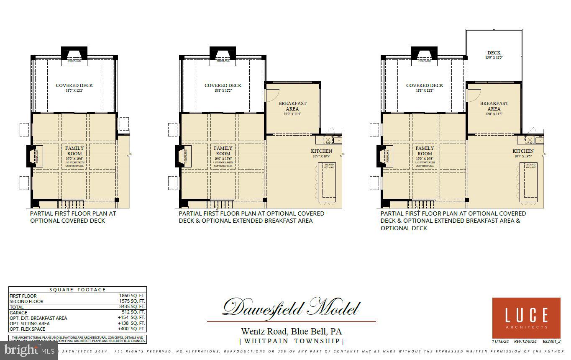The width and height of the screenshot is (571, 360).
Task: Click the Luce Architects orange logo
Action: coord(526,318)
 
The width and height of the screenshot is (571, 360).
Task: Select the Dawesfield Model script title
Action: coord(291,308)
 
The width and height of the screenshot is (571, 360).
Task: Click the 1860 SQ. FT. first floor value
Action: coord(132,296)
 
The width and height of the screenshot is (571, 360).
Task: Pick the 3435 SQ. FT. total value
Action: coord(132,307)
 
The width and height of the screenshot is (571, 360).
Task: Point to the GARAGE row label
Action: coord(18,312)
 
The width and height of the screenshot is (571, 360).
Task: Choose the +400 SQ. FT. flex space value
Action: coord(132,329)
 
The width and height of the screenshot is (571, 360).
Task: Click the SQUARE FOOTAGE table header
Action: coord(77,290)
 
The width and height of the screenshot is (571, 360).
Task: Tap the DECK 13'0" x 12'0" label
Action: coord(494,55)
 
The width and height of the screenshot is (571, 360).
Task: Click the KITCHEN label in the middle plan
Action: coord(321,151)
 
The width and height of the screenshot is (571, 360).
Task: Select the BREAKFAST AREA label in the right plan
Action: coord(494,106)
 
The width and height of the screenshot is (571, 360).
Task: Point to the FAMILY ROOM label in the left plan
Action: coord(74,151)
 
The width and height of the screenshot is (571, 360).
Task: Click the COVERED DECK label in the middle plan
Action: coord(223,85)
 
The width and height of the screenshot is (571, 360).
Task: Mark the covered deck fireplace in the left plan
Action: coord(74,55)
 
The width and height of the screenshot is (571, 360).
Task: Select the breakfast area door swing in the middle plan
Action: coord(272,95)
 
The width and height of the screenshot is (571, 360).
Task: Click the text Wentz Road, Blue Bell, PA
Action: coord(291,332)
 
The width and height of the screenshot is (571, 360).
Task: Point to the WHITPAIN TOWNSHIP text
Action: coord(292,341)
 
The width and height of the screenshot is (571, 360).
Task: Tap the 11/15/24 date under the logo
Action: coord(500,342)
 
